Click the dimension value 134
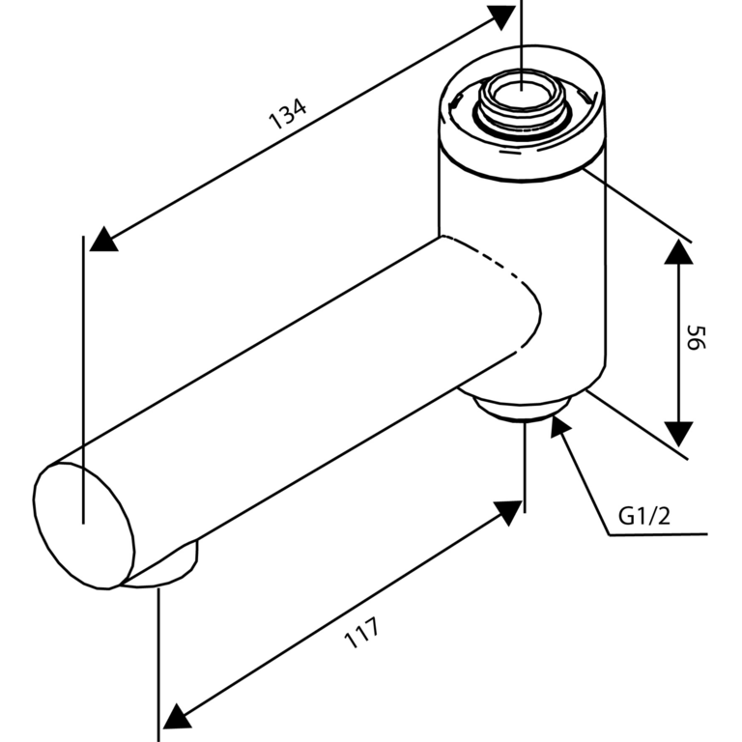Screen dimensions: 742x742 pyautogui.click(x=287, y=114)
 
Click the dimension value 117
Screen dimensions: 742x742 pyautogui.click(x=361, y=633)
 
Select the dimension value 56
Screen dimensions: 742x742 pyautogui.click(x=696, y=337)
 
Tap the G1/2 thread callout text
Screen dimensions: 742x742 pyautogui.click(x=644, y=516)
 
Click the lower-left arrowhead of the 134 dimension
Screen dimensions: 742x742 pyautogui.click(x=103, y=240)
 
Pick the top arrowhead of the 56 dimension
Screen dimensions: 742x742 pyautogui.click(x=678, y=252)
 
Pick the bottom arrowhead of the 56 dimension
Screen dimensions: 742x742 pyautogui.click(x=678, y=434)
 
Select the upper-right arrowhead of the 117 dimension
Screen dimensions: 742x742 pyautogui.click(x=509, y=512)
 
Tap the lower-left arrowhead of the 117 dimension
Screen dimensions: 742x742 pyautogui.click(x=176, y=718)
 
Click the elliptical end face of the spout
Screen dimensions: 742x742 pyautogui.click(x=84, y=526)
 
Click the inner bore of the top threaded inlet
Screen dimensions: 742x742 pyautogui.click(x=521, y=93)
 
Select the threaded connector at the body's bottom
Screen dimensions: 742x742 pyautogui.click(x=521, y=410)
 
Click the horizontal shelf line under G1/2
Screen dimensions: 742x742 pyautogui.click(x=658, y=534)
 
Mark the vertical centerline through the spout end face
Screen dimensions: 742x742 pyautogui.click(x=83, y=380)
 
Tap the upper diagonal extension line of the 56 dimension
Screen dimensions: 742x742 pyautogui.click(x=638, y=205)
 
